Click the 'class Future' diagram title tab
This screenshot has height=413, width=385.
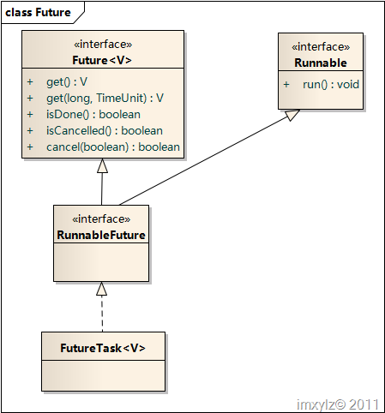click(42, 13)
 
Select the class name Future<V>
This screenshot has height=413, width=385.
click(102, 60)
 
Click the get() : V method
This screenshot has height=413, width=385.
click(67, 82)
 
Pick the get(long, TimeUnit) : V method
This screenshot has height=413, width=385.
click(105, 99)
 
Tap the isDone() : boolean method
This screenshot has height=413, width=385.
click(93, 115)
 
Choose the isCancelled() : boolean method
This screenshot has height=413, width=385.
click(105, 131)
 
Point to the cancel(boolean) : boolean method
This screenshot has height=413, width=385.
click(113, 147)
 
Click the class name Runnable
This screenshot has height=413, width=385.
click(321, 63)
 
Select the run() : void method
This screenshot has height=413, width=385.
click(331, 85)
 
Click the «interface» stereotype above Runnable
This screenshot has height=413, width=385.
click(321, 47)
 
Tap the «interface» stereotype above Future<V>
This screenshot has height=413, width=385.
click(103, 45)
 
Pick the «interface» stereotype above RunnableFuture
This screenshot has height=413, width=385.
click(101, 219)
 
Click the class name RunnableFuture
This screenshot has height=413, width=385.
click(101, 235)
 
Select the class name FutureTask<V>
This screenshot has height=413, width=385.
click(103, 348)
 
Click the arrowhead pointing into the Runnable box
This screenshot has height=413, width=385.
click(292, 115)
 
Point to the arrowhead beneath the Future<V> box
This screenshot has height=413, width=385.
click(102, 165)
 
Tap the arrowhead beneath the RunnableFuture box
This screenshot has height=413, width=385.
click(102, 289)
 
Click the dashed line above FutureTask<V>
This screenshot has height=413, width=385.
click(102, 314)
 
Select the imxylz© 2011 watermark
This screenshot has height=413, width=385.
click(338, 404)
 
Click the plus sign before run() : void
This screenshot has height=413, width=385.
click(286, 85)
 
